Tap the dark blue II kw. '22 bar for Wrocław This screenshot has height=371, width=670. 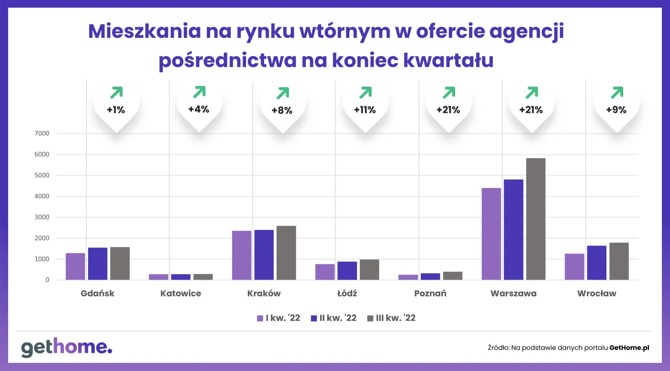pyautogui.click(x=596, y=262)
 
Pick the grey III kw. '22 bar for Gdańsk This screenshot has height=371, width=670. pyautogui.click(x=120, y=263)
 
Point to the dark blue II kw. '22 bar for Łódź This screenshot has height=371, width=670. pyautogui.click(x=347, y=271)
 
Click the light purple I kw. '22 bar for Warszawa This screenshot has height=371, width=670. pyautogui.click(x=491, y=234)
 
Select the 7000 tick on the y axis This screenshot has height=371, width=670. pyautogui.click(x=42, y=133)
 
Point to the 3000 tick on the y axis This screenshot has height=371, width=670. pyautogui.click(x=42, y=217)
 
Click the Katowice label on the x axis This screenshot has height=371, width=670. pyautogui.click(x=180, y=294)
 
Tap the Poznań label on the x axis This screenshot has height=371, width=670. pyautogui.click(x=430, y=294)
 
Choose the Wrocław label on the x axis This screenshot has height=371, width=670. pyautogui.click(x=596, y=294)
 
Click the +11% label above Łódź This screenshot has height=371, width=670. pyautogui.click(x=365, y=110)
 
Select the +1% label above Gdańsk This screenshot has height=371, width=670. pyautogui.click(x=116, y=110)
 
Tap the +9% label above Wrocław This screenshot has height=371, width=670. pyautogui.click(x=616, y=110)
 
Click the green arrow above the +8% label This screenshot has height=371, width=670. pyautogui.click(x=283, y=93)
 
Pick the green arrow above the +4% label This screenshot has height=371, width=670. pyautogui.click(x=199, y=92)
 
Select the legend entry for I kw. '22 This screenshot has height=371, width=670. pyautogui.click(x=278, y=318)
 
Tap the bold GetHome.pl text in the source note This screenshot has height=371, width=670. pyautogui.click(x=629, y=348)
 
